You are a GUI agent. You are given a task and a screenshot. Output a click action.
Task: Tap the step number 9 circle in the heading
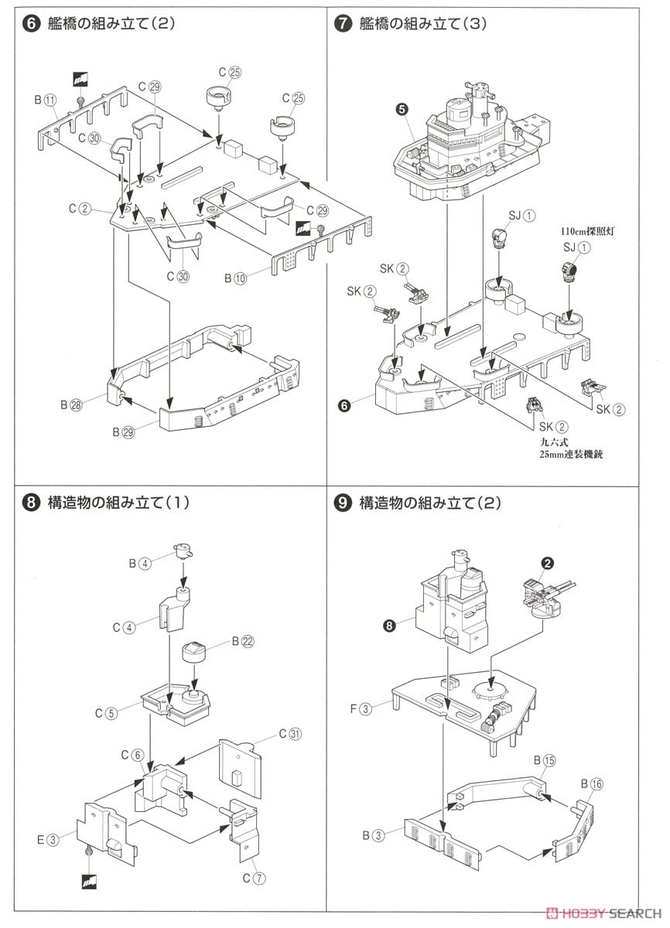click(x=340, y=503)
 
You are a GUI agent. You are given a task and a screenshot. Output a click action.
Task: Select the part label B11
click(x=45, y=100)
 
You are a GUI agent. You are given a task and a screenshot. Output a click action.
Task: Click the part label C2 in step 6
click(x=80, y=208)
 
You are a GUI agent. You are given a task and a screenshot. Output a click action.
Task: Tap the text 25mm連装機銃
click(x=571, y=454)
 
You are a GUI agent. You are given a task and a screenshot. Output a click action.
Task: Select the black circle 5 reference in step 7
click(x=401, y=109)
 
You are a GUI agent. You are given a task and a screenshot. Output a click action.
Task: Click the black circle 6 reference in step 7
click(x=344, y=404)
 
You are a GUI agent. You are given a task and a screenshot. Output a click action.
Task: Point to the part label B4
click(x=141, y=563)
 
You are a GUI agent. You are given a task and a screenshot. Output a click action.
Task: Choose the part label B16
click(x=590, y=783)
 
